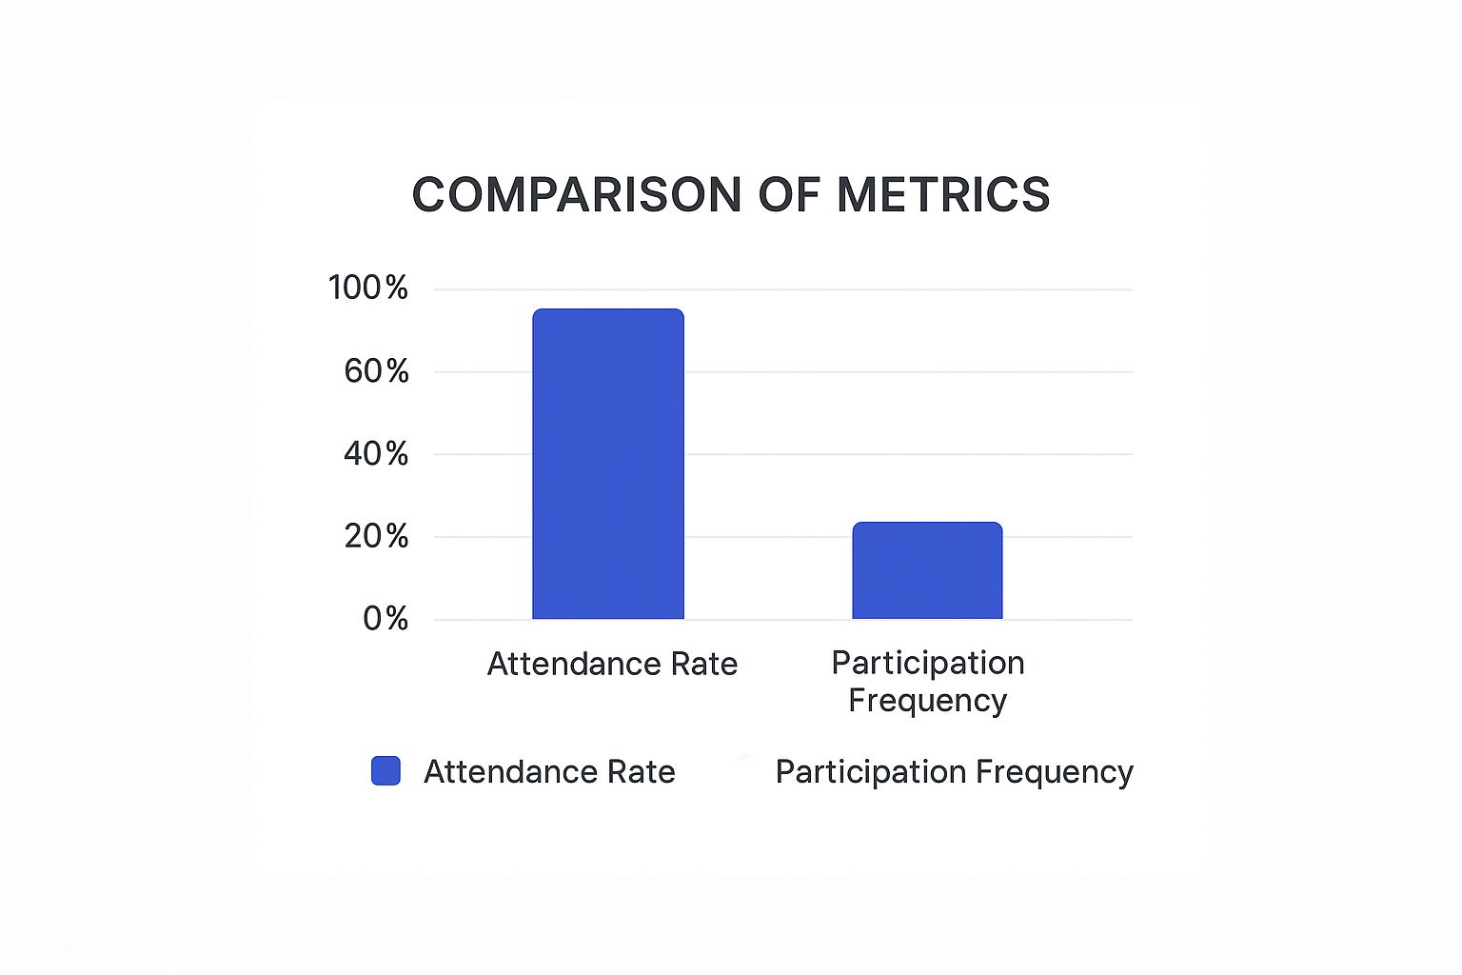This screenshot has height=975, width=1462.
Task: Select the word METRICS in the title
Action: (943, 195)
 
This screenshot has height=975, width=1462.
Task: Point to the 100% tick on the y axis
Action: (367, 288)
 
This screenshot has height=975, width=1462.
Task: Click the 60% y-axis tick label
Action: (376, 371)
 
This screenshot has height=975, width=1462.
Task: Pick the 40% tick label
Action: (376, 454)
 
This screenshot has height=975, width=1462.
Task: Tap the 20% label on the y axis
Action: (376, 537)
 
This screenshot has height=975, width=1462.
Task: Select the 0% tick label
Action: (385, 619)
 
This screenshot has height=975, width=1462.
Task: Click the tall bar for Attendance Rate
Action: (608, 467)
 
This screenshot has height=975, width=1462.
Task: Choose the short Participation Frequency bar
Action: (927, 571)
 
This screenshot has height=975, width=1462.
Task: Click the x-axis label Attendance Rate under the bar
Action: (612, 664)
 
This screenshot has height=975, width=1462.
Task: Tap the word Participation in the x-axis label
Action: (928, 663)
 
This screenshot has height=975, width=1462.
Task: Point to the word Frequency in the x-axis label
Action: (927, 701)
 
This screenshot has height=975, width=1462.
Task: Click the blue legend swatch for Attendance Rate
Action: (385, 771)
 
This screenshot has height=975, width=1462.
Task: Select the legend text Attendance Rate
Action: (549, 771)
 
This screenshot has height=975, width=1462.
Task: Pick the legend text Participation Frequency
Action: (954, 771)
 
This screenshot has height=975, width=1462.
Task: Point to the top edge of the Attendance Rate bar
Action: (608, 309)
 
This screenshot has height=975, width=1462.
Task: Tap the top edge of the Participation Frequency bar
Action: (927, 523)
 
